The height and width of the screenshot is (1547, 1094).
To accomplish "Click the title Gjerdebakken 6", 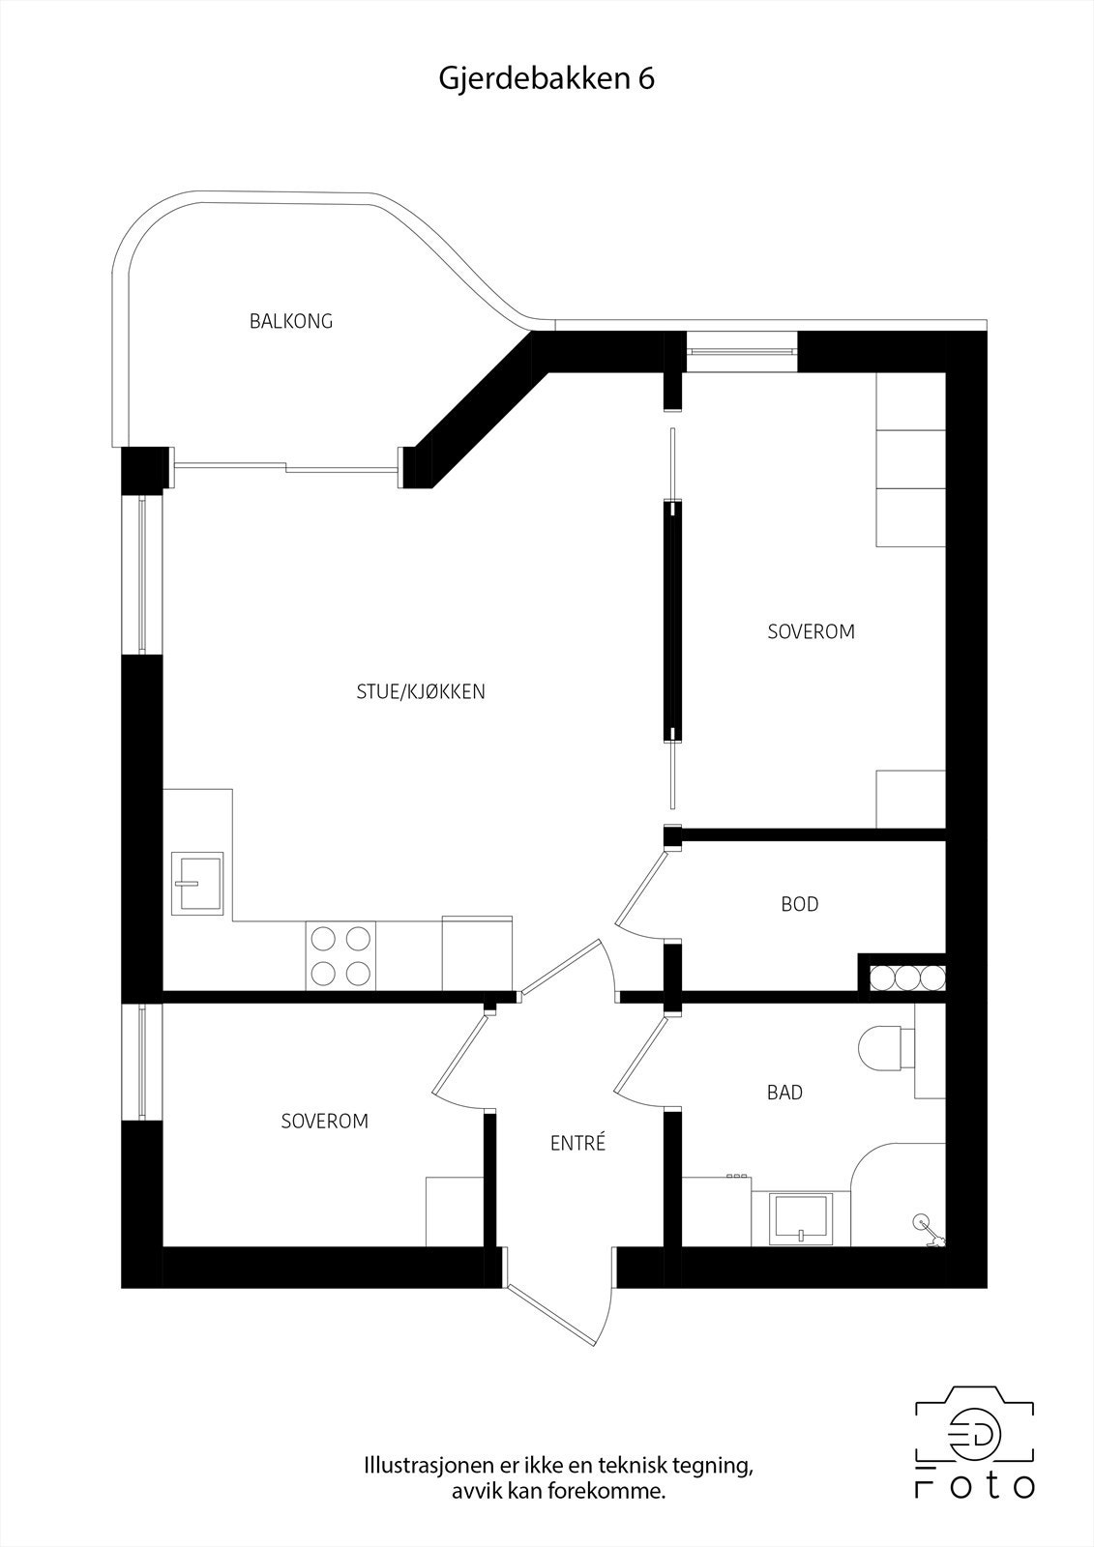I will (547, 79).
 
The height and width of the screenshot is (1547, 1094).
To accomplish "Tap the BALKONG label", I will (291, 321).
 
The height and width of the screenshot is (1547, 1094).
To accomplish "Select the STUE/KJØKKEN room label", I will (421, 691).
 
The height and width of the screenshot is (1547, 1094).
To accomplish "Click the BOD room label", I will (800, 904).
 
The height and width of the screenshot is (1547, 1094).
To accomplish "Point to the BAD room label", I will (784, 1093).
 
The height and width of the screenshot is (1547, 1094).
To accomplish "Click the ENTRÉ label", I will (577, 1143).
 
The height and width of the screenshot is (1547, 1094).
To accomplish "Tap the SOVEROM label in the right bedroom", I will (811, 631).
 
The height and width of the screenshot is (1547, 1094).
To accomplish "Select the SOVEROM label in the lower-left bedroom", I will (325, 1122).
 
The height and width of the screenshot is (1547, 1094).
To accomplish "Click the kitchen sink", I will (197, 883).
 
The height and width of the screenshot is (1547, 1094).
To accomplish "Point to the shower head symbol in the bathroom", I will (923, 1224).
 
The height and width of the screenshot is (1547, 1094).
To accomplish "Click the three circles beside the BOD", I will (907, 978).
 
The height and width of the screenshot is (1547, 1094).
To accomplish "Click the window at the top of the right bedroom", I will (742, 350).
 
